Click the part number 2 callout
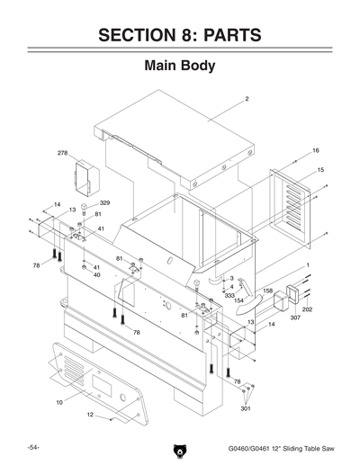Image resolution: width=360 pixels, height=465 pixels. pos(247,97)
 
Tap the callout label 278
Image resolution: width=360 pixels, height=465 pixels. pos(62,153)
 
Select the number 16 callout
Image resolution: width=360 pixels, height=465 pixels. pos(316,150)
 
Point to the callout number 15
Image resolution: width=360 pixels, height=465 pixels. pos(320,169)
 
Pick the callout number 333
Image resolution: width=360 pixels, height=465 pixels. pos(229,295)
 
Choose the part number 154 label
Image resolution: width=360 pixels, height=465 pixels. pos(238,300)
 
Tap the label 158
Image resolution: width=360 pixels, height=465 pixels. pos(267,291)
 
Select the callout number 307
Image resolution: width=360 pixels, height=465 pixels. pos(294,317)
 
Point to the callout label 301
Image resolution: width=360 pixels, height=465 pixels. pos(245,408)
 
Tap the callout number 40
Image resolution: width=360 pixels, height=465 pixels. pos(96,274)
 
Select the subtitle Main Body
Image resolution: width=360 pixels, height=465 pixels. pos(179,67)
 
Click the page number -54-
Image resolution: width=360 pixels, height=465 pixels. pos(31,447)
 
